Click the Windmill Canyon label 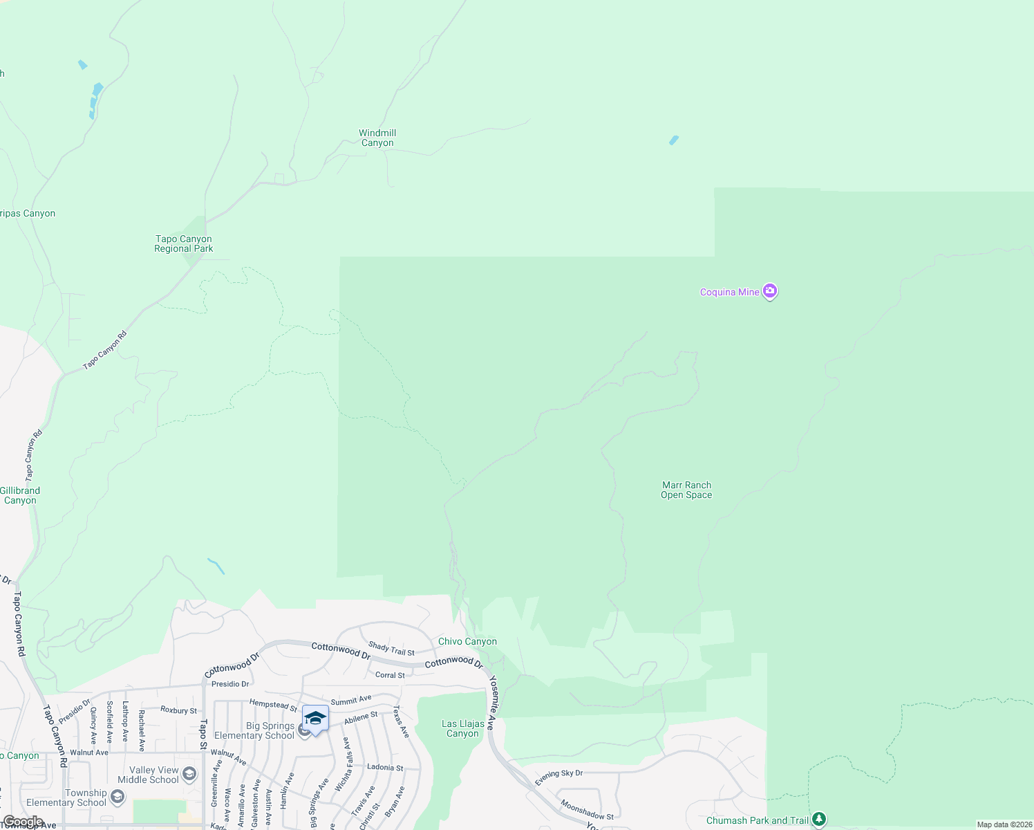pos(377,138)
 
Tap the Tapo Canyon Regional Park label pos(183,243)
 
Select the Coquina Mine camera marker pos(769,291)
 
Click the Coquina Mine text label pos(729,293)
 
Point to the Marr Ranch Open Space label pos(686,490)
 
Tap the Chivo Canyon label pos(467,641)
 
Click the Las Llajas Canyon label pos(462,728)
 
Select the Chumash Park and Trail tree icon pos(819,820)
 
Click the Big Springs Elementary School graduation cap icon pos(315,719)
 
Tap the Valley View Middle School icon pos(190,774)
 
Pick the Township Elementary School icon pos(117,797)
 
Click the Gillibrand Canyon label pos(20,495)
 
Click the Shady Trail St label pos(391,649)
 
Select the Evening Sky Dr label pos(558,777)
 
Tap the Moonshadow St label pos(586,811)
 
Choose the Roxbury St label pos(178,710)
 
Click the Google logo pos(23,822)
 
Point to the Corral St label pos(390,675)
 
